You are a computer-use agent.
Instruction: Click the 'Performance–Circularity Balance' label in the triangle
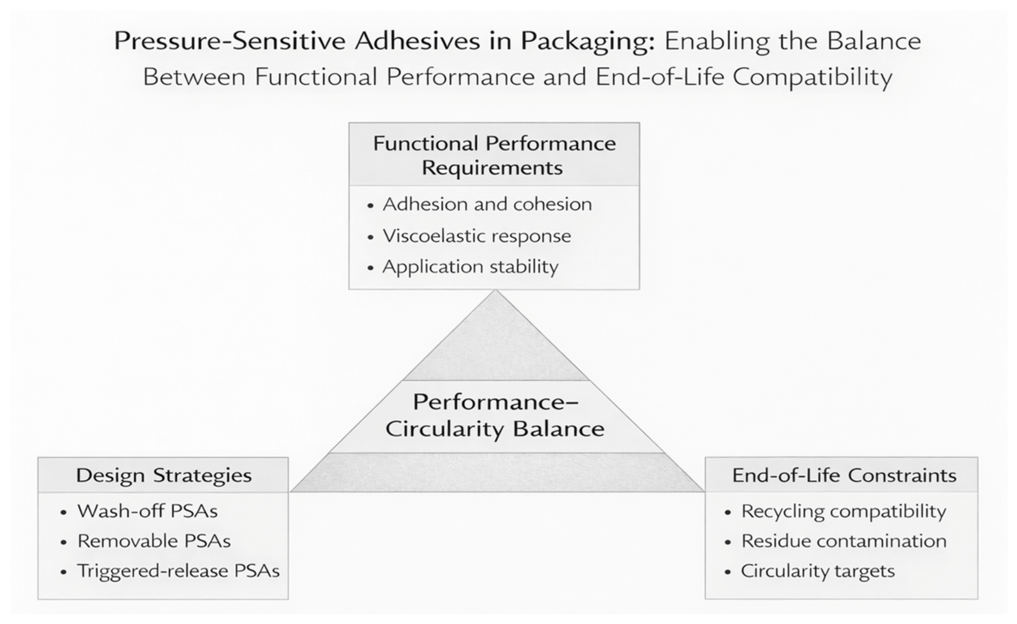tap(495, 415)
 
